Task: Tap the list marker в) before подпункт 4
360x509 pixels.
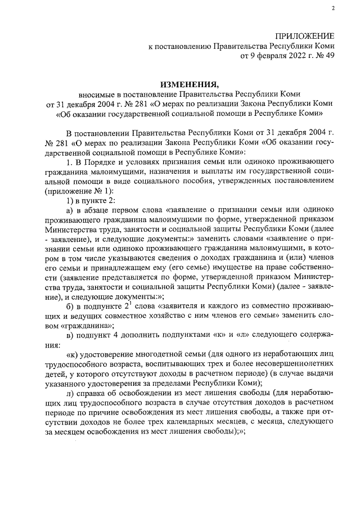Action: [70, 336]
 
